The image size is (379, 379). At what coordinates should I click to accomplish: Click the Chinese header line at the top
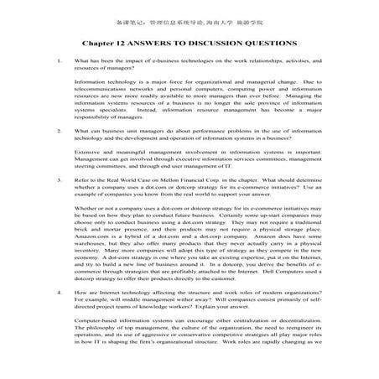pos(190,11)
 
